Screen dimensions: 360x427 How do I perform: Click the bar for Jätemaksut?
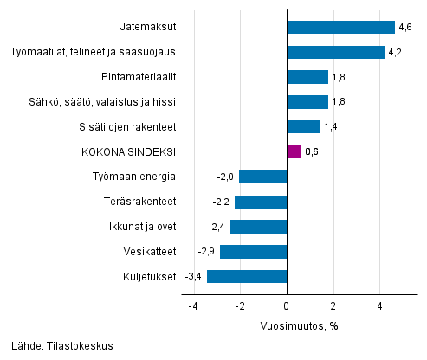coord(340,27)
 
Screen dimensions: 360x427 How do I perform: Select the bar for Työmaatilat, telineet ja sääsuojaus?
coord(335,52)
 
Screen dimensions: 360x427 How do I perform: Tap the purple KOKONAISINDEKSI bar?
coord(294,152)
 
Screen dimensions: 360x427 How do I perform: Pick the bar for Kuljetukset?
coord(246,277)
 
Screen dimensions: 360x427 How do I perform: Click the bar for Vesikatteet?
coord(252,252)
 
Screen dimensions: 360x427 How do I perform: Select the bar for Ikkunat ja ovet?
coord(258,227)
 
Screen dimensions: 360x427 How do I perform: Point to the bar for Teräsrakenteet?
coord(260,202)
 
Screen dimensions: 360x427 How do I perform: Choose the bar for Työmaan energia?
coord(262,177)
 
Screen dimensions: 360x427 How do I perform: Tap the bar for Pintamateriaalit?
coord(307,77)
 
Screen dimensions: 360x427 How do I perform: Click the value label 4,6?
coord(404,28)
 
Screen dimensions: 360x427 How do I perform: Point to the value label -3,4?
coord(193,277)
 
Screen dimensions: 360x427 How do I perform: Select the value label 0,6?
coord(313,152)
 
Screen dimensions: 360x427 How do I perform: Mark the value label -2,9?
coord(205,252)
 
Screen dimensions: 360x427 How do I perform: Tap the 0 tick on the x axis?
coord(286,306)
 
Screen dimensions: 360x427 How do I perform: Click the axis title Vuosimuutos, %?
coord(300,326)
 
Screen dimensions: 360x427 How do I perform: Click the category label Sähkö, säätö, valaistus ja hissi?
coord(102,102)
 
